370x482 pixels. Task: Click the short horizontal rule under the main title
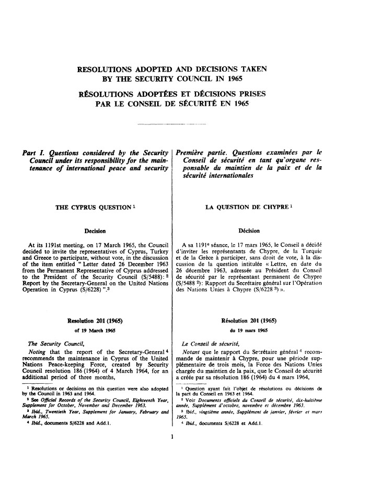[x=171, y=124]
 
